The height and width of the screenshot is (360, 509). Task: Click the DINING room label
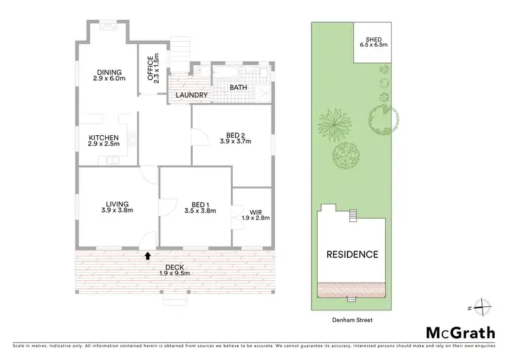[109, 72]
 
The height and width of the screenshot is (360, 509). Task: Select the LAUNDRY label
[191, 95]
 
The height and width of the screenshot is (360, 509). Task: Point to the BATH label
[238, 88]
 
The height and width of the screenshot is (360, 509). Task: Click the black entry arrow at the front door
[148, 255]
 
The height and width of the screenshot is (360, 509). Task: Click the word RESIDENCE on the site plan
[352, 255]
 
